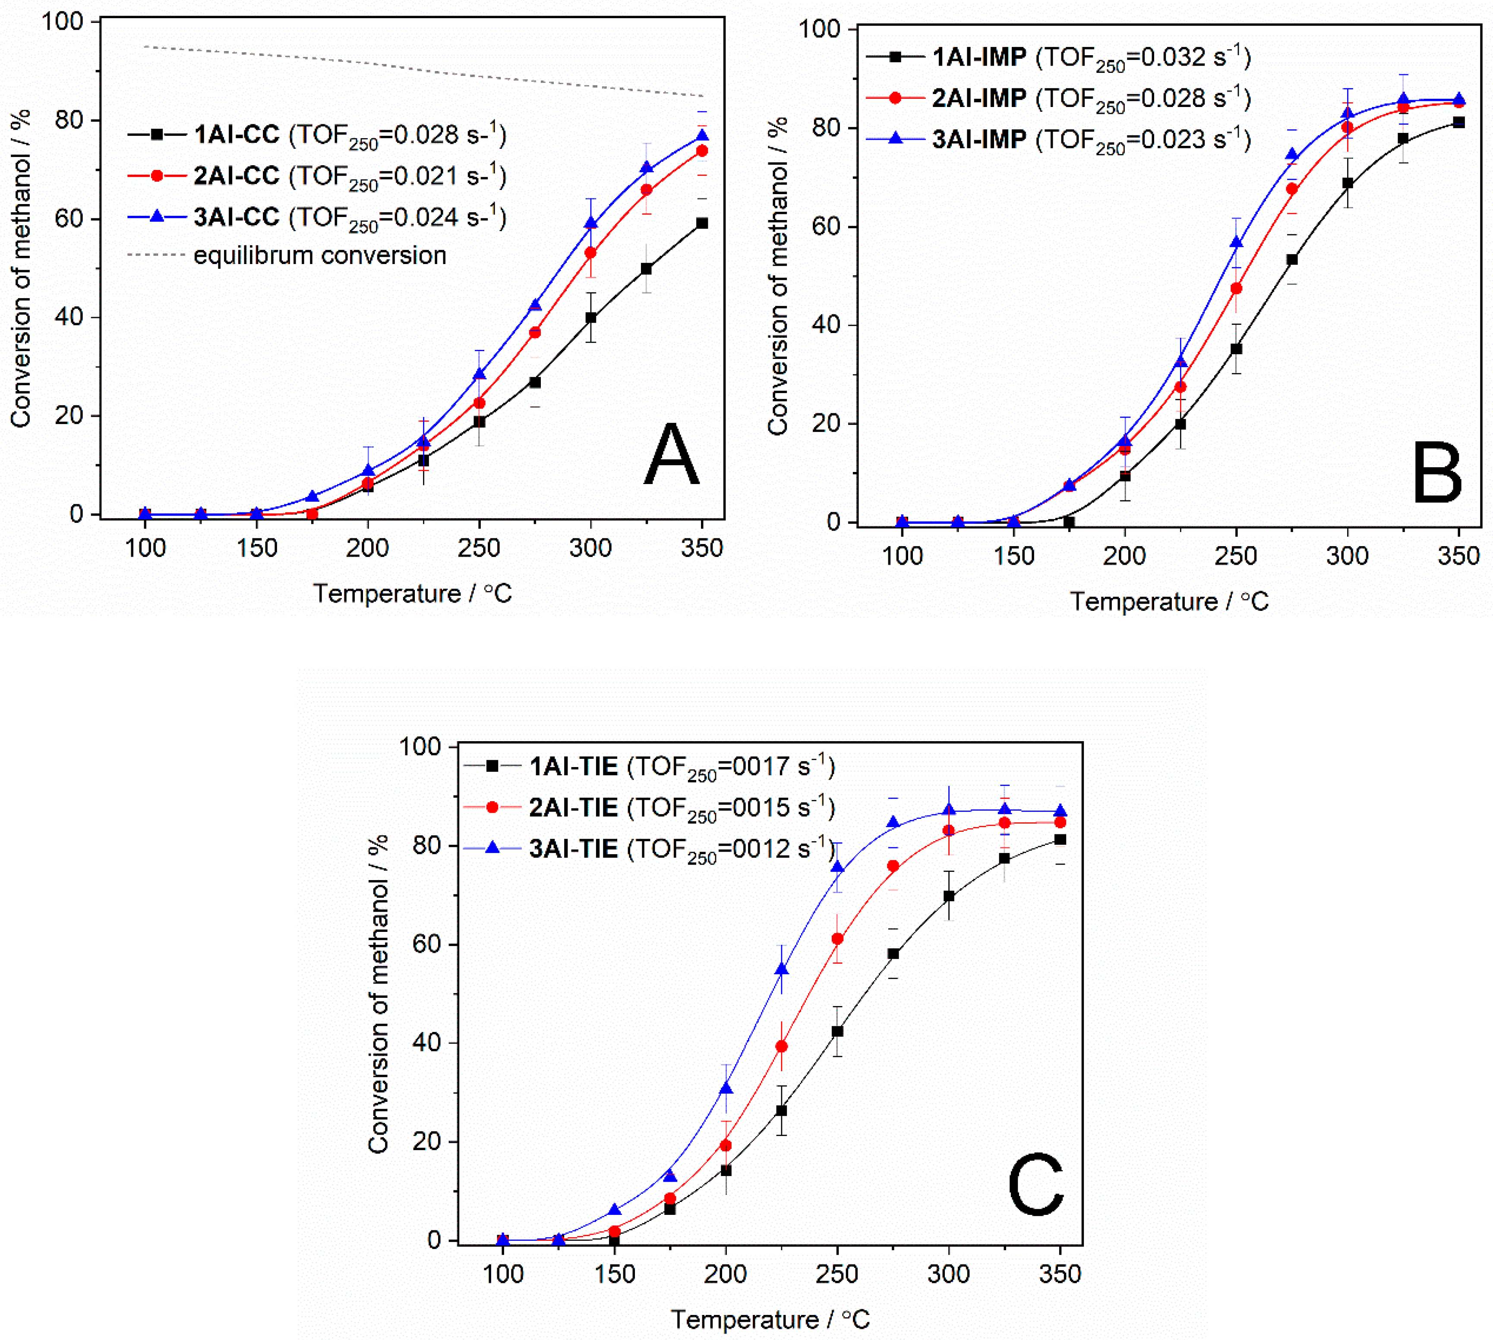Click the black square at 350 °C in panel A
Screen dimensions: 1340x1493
(701, 223)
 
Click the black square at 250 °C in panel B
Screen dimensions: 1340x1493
(1236, 349)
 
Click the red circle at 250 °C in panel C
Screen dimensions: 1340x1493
(837, 939)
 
